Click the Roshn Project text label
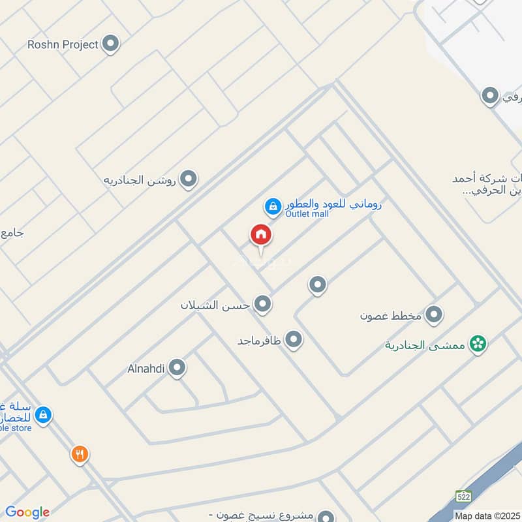pyautogui.click(x=63, y=44)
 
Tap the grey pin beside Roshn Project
pyautogui.click(x=112, y=44)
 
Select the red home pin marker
pyautogui.click(x=261, y=235)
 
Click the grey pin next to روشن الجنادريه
pyautogui.click(x=189, y=178)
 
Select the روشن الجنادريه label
pyautogui.click(x=140, y=179)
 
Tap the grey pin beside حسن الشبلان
pyautogui.click(x=262, y=303)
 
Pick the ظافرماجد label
pyautogui.click(x=259, y=340)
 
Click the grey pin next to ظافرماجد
pyautogui.click(x=294, y=339)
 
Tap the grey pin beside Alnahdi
pyautogui.click(x=177, y=368)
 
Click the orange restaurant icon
pyautogui.click(x=80, y=454)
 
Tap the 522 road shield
pyautogui.click(x=463, y=495)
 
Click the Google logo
pyautogui.click(x=27, y=512)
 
